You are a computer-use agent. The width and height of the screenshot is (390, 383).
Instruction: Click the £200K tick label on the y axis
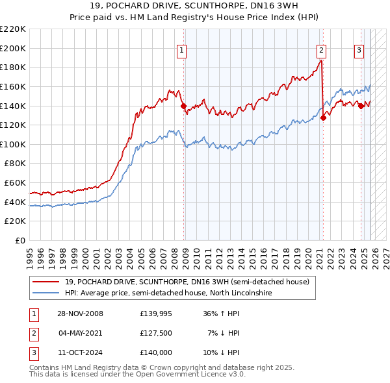click(13, 48)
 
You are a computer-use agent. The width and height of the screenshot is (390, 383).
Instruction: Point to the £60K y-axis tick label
click(15, 183)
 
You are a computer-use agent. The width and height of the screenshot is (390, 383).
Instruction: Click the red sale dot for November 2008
click(184, 106)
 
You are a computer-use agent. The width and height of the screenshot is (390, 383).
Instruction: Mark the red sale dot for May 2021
click(323, 117)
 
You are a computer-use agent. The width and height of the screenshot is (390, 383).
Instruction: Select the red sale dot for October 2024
click(361, 106)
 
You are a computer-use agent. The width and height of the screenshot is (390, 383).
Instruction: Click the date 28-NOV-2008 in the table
click(81, 314)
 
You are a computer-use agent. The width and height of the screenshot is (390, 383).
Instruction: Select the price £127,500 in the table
click(156, 333)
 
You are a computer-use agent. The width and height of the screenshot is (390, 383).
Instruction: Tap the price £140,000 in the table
click(156, 352)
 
